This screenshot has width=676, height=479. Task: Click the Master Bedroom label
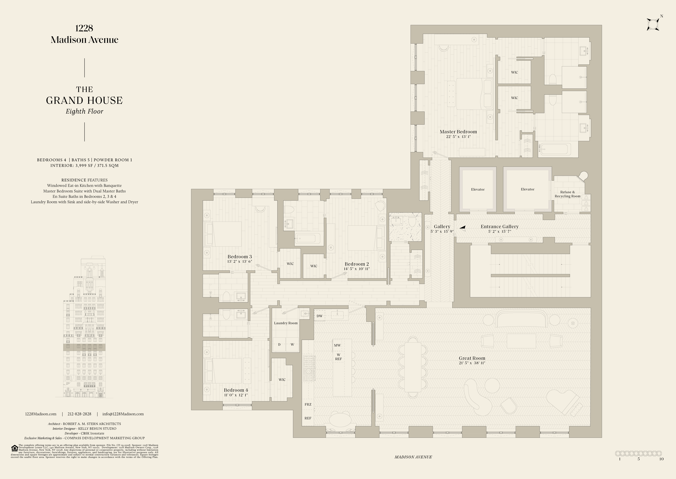pos(458,131)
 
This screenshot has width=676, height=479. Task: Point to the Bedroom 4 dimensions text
pos(236,395)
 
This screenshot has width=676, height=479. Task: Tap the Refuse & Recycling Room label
pos(567,194)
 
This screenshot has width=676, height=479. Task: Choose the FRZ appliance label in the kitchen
pos(308,404)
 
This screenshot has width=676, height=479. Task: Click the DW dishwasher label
pos(319,316)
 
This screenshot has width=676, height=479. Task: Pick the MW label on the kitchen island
pos(337,345)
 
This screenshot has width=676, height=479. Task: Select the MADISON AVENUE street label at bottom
pos(413,457)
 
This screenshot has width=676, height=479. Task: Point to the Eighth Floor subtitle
pos(84,111)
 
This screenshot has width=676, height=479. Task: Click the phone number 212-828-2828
pos(79,414)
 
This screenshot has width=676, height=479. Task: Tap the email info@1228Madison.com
pos(123,414)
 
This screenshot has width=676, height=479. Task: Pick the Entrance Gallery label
pos(500,226)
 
